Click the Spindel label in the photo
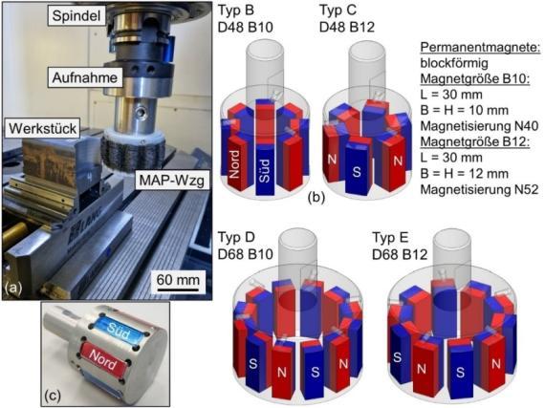[76, 16]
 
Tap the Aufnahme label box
[85, 77]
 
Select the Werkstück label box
[42, 128]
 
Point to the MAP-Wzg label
[172, 180]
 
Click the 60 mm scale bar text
[178, 280]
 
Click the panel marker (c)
[53, 396]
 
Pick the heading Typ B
[236, 11]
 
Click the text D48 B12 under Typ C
[347, 28]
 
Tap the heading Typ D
[236, 238]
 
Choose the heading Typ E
[390, 238]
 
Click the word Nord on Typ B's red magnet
[234, 163]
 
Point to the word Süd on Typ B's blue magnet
[265, 170]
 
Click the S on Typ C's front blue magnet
[357, 172]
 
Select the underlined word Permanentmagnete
[480, 48]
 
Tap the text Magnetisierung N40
[479, 126]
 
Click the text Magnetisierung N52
[479, 189]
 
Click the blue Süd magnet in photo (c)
[118, 331]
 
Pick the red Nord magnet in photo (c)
[103, 359]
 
